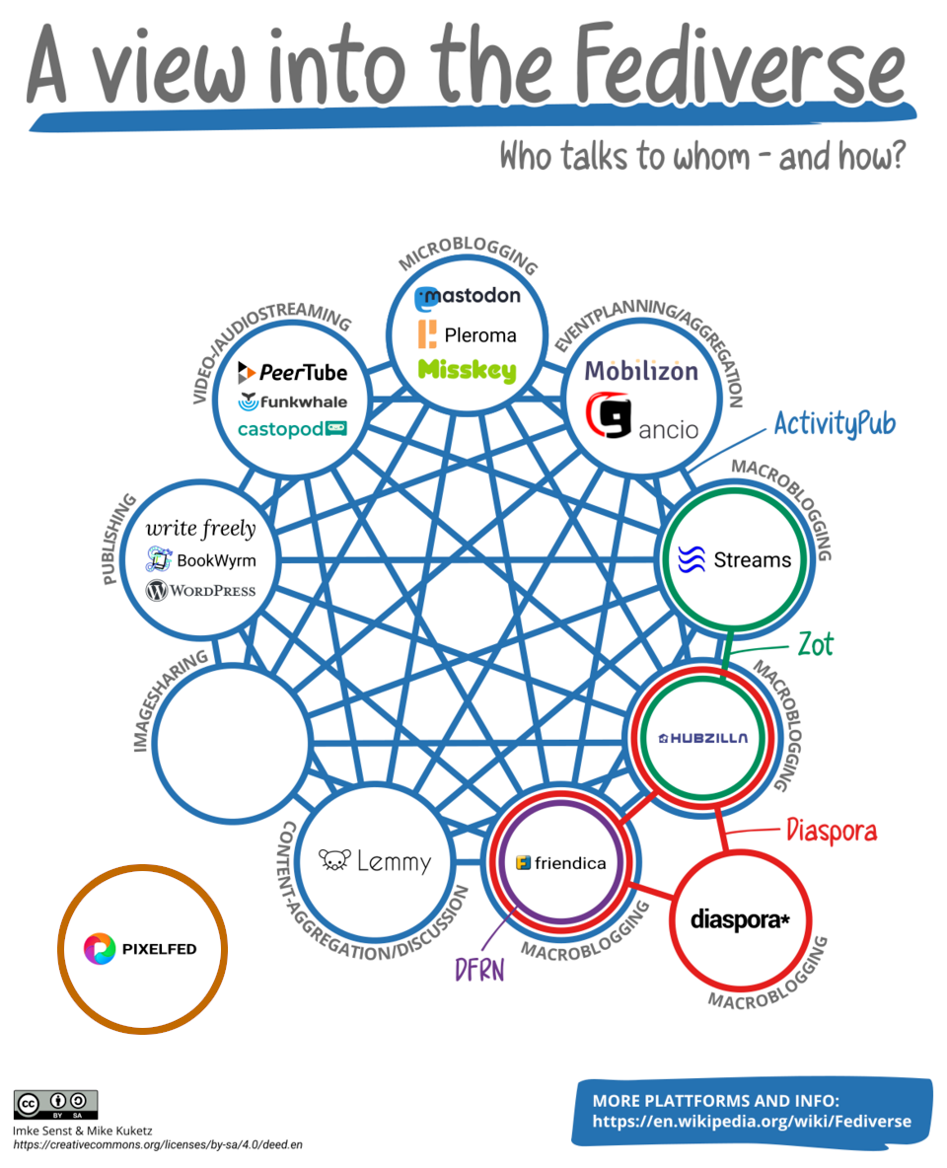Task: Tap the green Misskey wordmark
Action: (x=468, y=371)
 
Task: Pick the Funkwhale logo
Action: (x=292, y=401)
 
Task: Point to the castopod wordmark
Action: (x=292, y=429)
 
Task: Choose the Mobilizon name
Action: (x=641, y=371)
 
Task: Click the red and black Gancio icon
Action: (x=608, y=417)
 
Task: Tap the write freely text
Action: (x=200, y=529)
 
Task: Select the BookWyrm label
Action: (x=201, y=560)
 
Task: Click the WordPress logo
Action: (x=200, y=591)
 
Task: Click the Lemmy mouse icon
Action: (x=334, y=861)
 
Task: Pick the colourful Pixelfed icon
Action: (x=100, y=949)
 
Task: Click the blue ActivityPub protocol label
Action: (x=835, y=424)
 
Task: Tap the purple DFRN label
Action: (x=479, y=970)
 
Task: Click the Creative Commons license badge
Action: (x=55, y=1104)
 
